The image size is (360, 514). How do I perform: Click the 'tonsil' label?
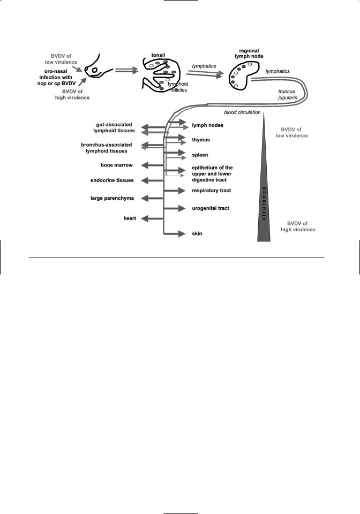[158, 55]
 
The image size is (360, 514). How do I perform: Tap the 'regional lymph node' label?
[249, 54]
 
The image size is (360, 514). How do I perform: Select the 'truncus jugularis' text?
[288, 94]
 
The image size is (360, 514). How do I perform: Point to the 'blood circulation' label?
[242, 112]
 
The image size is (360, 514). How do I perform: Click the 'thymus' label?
[201, 140]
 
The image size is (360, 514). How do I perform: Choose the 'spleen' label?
[200, 155]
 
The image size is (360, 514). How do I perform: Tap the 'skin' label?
[197, 233]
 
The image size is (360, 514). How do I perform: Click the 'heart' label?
[130, 218]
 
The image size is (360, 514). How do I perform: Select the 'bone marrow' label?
[117, 165]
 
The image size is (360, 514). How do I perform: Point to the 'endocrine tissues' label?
[112, 180]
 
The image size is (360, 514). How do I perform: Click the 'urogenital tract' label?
[211, 208]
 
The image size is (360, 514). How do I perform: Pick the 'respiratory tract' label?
[212, 191]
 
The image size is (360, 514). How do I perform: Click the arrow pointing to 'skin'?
[175, 234]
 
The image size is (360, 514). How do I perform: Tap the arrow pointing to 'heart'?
[152, 218]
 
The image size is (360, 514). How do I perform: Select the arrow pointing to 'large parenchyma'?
[152, 198]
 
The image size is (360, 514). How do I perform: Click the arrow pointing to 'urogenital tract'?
[175, 208]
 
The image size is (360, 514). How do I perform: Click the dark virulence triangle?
[264, 196]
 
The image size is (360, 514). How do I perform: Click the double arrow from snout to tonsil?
[126, 70]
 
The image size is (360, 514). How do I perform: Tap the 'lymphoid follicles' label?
[178, 87]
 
